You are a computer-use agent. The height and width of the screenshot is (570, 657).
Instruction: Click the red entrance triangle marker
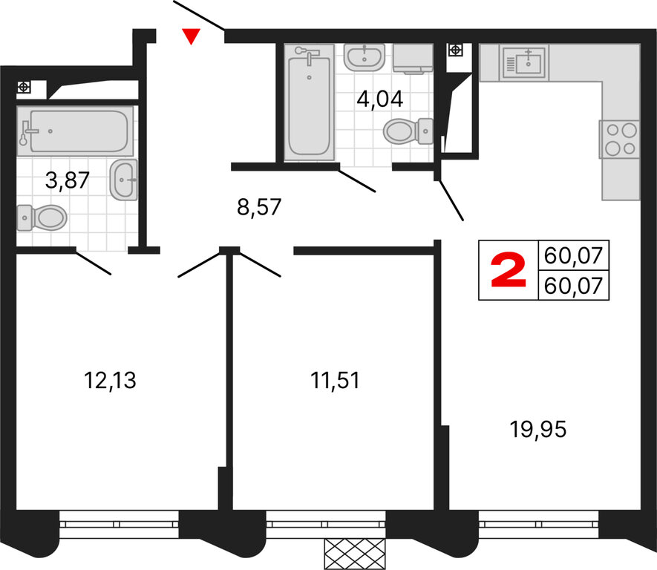tap(191, 36)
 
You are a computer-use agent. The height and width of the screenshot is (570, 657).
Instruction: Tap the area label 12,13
tap(110, 381)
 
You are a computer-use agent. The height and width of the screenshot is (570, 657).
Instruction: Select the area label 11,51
tap(335, 381)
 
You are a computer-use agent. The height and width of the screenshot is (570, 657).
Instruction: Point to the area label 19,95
tap(538, 429)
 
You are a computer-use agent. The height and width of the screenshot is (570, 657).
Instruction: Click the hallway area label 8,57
tap(259, 207)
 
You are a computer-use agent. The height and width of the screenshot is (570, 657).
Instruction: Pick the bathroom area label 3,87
tap(67, 180)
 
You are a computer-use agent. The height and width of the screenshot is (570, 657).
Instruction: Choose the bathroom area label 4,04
tap(379, 99)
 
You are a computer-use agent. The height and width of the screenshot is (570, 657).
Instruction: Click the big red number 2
tap(508, 269)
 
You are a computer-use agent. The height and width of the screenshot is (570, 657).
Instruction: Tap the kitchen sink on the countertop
tap(525, 63)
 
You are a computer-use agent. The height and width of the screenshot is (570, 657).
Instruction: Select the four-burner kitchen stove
tap(620, 139)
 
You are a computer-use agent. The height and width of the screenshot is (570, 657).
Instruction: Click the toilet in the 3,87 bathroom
tap(42, 217)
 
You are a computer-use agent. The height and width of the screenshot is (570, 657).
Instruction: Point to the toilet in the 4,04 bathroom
tap(408, 131)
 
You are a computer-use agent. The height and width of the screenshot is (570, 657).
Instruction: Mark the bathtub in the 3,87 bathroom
tap(76, 131)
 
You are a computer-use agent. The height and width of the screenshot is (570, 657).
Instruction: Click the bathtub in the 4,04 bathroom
tap(310, 102)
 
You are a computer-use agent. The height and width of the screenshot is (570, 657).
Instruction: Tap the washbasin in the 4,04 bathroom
tap(365, 57)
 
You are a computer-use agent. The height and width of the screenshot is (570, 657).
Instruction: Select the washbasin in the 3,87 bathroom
tap(124, 180)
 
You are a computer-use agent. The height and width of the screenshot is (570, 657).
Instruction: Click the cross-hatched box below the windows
tap(354, 554)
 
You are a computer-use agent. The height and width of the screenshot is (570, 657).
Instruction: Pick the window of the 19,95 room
tap(538, 524)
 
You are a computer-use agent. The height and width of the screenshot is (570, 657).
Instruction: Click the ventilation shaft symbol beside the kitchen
tap(455, 50)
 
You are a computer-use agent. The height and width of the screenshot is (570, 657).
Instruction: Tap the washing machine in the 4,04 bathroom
tap(413, 59)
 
